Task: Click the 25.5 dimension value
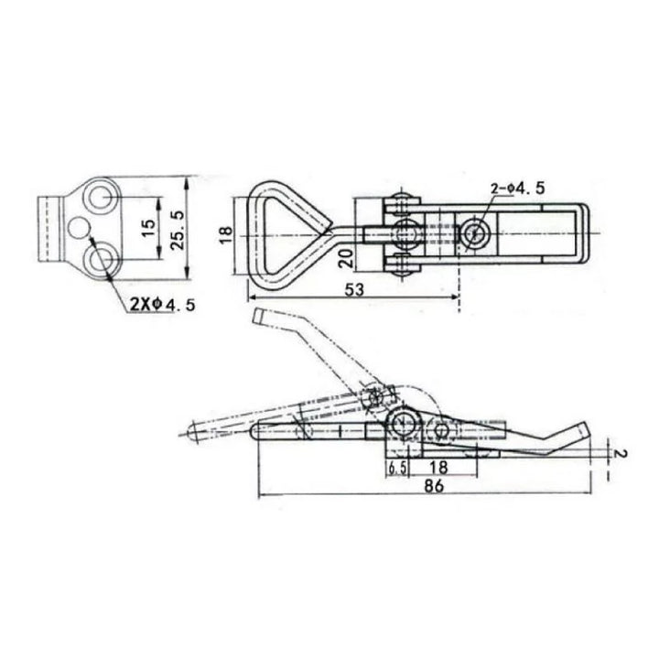178,230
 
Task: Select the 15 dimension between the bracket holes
148,228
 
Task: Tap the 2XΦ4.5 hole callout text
162,304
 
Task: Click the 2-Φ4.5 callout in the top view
517,189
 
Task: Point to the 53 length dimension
354,289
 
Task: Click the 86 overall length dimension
434,486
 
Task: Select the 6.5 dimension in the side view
396,469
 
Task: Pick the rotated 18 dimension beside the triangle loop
226,235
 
